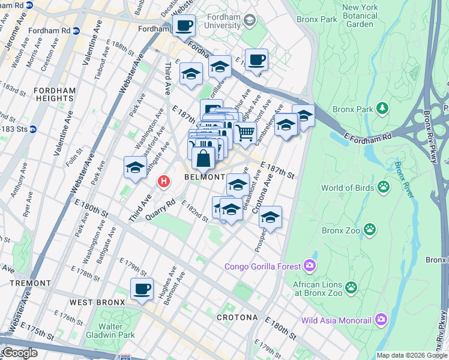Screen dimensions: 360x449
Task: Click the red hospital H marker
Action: (x=163, y=181)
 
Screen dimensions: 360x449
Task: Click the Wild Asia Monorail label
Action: (x=336, y=320)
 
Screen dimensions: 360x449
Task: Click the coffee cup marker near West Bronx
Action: (x=142, y=289)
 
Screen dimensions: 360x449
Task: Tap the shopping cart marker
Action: (x=245, y=133)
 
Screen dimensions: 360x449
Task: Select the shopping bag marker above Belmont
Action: (x=203, y=158)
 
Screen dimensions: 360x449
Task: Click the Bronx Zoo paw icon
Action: (x=371, y=229)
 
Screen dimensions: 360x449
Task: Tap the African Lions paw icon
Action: (x=351, y=289)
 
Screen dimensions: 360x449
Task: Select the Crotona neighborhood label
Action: (x=237, y=317)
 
